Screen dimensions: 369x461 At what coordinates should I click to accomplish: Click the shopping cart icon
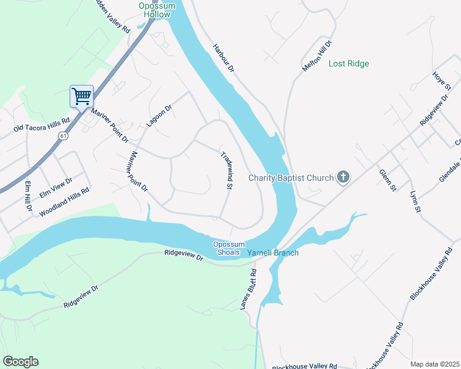click(x=81, y=96)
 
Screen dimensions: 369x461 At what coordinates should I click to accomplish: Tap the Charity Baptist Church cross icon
click(x=343, y=178)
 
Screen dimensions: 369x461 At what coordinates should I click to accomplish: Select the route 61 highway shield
click(x=63, y=135)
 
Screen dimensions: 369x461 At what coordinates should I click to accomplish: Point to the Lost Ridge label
click(x=348, y=63)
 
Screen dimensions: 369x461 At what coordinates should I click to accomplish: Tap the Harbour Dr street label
click(x=224, y=59)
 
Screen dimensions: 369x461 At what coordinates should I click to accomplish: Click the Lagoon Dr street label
click(x=158, y=116)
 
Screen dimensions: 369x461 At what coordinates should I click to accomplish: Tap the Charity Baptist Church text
click(x=290, y=178)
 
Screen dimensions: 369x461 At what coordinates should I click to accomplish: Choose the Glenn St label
click(x=387, y=181)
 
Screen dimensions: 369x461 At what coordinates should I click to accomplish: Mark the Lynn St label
click(x=415, y=202)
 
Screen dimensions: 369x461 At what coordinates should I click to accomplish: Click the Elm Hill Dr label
click(x=28, y=196)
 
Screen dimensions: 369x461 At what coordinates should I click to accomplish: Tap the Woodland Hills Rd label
click(x=64, y=202)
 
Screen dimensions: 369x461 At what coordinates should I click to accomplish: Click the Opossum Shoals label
click(x=229, y=248)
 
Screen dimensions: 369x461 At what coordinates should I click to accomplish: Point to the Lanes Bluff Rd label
click(x=247, y=289)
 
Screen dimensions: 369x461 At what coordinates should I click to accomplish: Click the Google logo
click(x=20, y=362)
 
